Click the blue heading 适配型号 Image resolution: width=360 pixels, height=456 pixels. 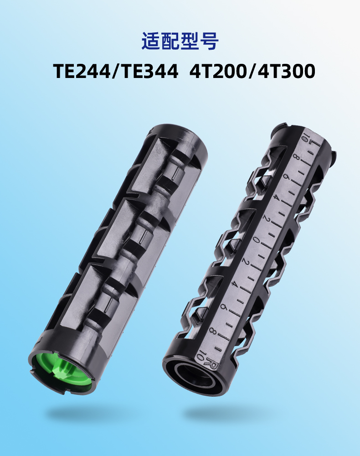point(180,41)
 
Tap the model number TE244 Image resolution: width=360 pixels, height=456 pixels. point(82,71)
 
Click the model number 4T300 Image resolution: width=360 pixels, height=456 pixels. point(286,71)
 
